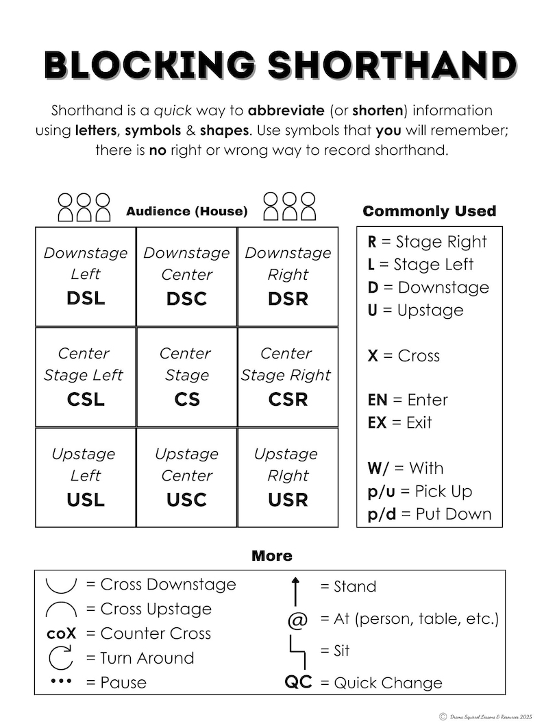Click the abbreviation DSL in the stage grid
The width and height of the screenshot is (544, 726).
click(86, 299)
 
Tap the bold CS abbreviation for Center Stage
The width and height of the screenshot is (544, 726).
click(187, 399)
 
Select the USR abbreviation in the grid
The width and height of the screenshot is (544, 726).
click(288, 500)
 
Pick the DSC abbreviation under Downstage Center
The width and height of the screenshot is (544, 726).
click(186, 299)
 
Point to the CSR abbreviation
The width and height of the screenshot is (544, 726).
click(288, 399)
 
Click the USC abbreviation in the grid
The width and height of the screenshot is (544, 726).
click(186, 500)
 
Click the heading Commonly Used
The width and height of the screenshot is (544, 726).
click(429, 211)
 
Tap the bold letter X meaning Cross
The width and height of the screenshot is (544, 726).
click(373, 356)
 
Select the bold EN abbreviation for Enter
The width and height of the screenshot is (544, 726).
click(378, 400)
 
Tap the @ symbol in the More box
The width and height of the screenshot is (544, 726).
click(297, 620)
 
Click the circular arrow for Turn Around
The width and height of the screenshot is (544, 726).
click(61, 657)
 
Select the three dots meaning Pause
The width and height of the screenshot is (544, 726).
click(61, 681)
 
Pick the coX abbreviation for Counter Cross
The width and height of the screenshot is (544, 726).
click(62, 633)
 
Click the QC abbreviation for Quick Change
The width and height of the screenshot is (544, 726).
click(298, 682)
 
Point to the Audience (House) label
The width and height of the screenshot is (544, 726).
click(186, 211)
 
